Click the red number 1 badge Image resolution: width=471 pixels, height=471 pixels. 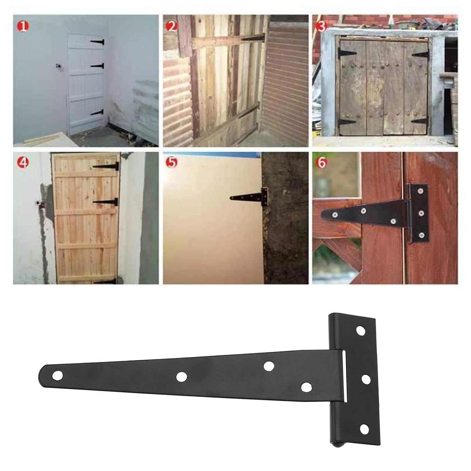(x=23, y=27)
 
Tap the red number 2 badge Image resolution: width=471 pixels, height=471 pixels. (x=172, y=27)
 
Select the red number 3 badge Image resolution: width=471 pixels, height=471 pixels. (x=321, y=27)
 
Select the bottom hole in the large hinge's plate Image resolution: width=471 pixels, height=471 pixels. (x=364, y=429)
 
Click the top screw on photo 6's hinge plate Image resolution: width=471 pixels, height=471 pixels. (x=420, y=191)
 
